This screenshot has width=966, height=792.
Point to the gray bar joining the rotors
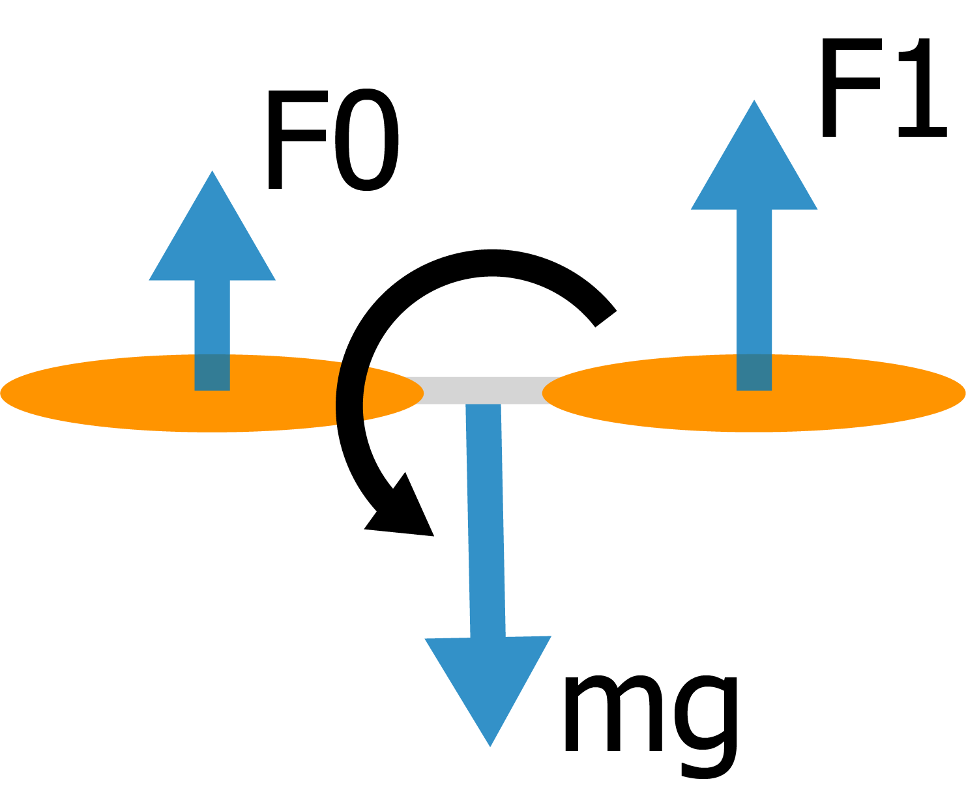(482, 389)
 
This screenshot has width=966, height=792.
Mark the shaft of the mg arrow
(485, 521)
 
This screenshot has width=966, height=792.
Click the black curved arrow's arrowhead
(404, 515)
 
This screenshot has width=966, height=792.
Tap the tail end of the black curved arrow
(604, 317)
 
